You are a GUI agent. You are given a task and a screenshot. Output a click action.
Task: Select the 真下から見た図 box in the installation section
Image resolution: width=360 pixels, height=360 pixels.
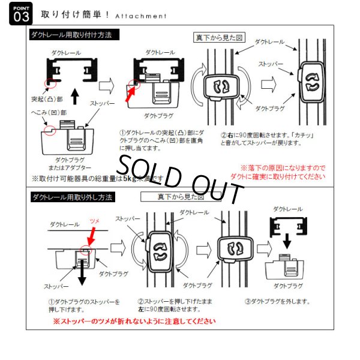(219, 37)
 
